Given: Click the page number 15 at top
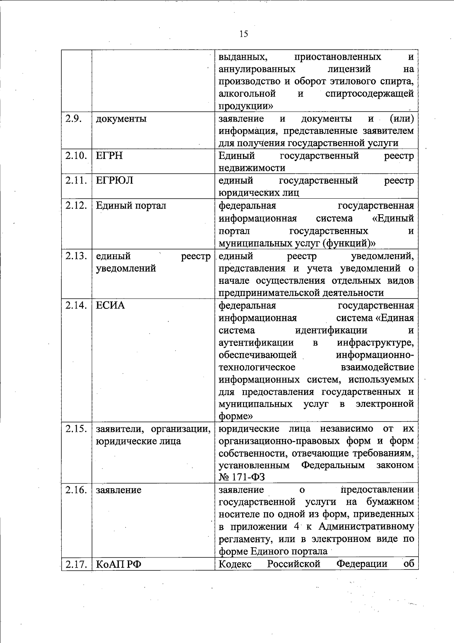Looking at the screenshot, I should click(x=244, y=34).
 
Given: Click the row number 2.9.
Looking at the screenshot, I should click(x=74, y=118).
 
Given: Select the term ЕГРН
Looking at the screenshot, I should click(x=109, y=156).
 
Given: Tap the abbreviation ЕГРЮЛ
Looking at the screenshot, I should click(x=114, y=181).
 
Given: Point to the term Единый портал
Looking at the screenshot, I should click(x=131, y=206).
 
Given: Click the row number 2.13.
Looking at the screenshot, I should click(x=76, y=256).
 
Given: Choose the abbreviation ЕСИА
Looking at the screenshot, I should click(x=110, y=305).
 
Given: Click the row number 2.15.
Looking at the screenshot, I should click(x=76, y=429).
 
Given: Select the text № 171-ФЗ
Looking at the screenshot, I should click(x=241, y=477).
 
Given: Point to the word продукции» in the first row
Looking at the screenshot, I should click(x=246, y=106).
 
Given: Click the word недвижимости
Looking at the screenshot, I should click(x=252, y=168).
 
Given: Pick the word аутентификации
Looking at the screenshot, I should click(x=256, y=343).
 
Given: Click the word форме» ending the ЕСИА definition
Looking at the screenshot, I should click(x=235, y=416).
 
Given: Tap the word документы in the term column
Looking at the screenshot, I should click(x=121, y=119).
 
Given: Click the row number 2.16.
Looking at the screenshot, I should click(x=76, y=490).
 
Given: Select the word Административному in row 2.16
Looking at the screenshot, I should click(x=366, y=526).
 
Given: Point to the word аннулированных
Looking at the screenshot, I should click(x=257, y=69).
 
